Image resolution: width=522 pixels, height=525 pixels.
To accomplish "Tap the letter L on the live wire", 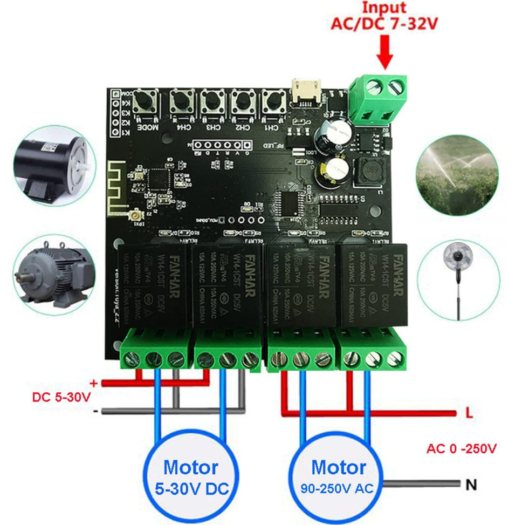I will tap(469, 413).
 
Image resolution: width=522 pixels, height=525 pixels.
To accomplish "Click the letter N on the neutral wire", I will tap(471, 485).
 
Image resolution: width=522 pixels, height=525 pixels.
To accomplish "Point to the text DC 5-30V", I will tap(58, 398).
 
